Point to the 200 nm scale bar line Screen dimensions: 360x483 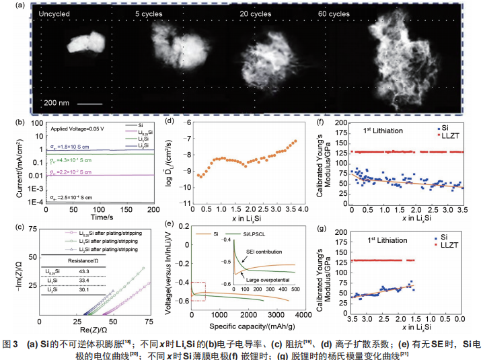pyautogui.click(x=85, y=104)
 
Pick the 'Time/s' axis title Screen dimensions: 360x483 pyautogui.click(x=99, y=218)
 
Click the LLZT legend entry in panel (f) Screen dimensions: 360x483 pyautogui.click(x=449, y=135)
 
